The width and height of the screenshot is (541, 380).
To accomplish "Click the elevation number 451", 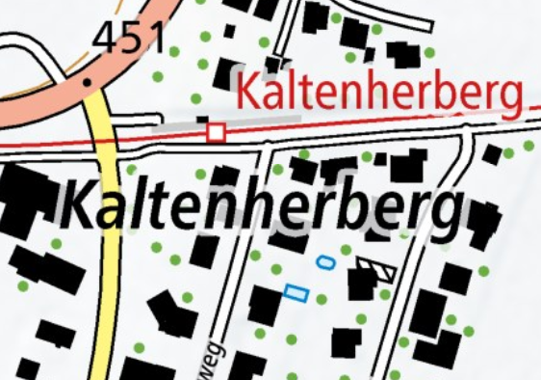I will (x=129, y=39).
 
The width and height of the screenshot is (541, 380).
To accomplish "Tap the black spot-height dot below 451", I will (x=88, y=82).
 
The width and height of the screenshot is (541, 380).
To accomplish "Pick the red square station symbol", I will (x=217, y=131).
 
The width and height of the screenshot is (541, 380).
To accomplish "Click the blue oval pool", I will (x=326, y=260).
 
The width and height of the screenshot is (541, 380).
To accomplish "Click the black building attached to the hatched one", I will (x=361, y=284).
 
